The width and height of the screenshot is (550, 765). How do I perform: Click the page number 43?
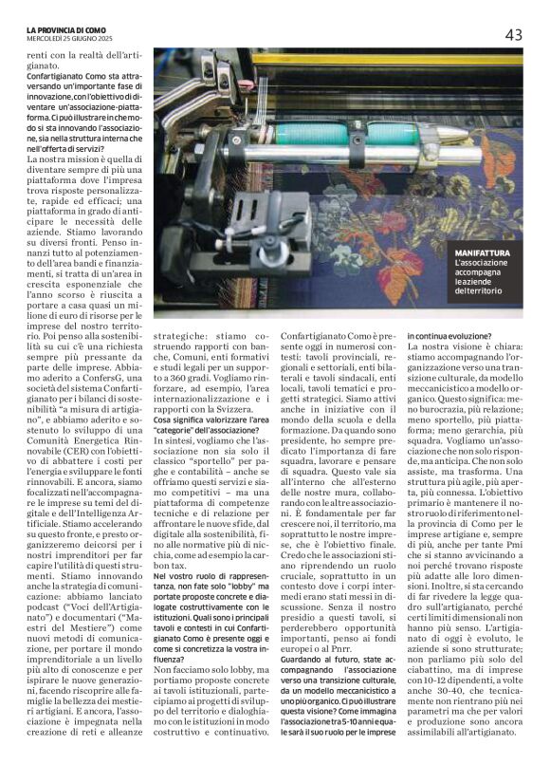tap(514, 35)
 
